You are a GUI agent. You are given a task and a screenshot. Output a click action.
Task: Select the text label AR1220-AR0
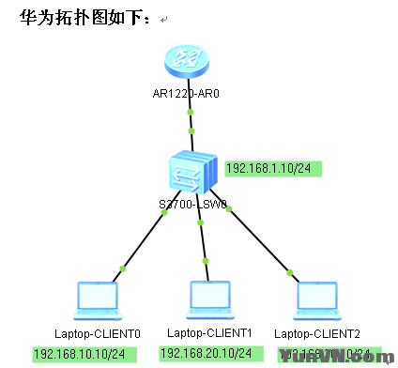[191, 94]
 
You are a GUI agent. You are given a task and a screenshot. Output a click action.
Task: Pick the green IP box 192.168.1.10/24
[273, 169]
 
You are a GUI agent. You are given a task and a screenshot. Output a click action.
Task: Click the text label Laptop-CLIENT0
[97, 333]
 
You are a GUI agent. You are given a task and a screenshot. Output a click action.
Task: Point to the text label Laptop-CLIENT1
[209, 332]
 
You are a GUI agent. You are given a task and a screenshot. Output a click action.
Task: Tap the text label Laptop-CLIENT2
[316, 333]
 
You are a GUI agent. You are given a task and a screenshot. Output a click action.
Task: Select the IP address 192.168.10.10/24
[84, 354]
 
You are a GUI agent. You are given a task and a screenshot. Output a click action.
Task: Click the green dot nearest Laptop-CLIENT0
[122, 270]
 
